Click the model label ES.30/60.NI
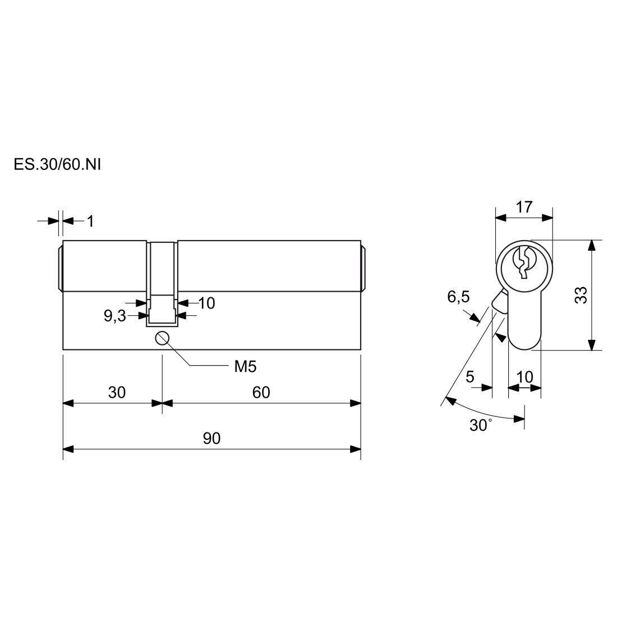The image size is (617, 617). tap(57, 164)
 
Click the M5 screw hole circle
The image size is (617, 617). tap(162, 338)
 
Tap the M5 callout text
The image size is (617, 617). tap(245, 367)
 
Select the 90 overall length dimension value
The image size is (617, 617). tap(211, 438)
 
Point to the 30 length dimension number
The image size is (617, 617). tap(117, 392)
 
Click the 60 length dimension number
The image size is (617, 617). tap(261, 392)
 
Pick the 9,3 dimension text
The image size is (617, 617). tap(114, 316)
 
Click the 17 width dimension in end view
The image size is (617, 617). tap(524, 207)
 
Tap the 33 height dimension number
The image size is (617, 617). tap(581, 294)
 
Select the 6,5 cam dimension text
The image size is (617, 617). tap(458, 297)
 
